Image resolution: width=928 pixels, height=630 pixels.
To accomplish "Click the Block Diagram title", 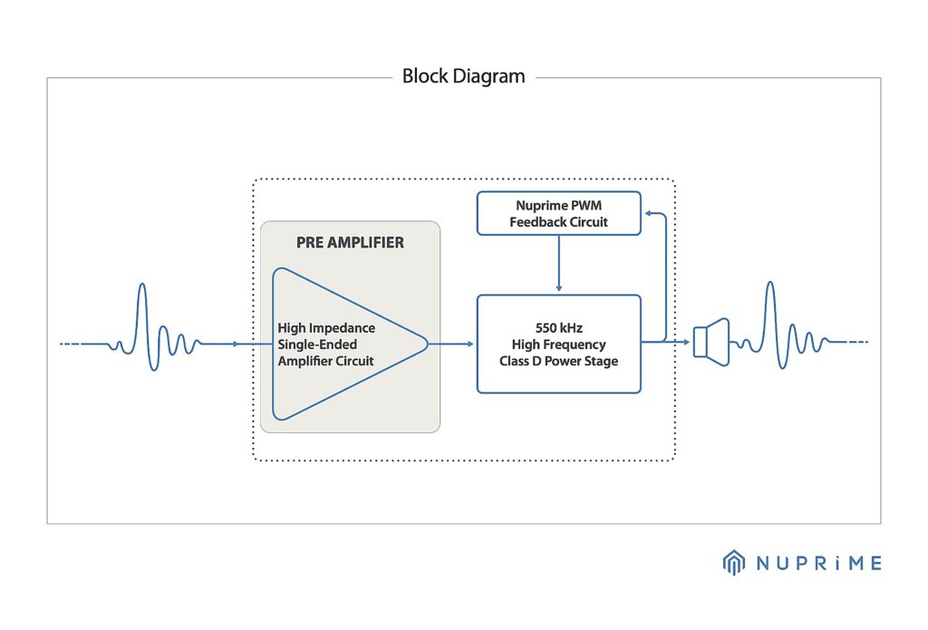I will [463, 76].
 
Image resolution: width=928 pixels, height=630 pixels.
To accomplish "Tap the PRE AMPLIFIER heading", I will [350, 243].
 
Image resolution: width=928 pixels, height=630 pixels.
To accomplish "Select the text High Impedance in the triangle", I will [326, 327].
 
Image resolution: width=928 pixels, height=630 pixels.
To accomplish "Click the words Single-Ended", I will [317, 344].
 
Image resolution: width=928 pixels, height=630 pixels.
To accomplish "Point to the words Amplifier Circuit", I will [325, 361].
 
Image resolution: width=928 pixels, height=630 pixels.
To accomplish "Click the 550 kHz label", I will [558, 327].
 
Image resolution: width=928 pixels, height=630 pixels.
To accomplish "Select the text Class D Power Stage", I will [558, 361].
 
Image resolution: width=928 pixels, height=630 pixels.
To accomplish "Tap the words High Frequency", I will [558, 344].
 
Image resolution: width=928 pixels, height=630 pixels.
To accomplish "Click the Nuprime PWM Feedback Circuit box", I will [558, 214].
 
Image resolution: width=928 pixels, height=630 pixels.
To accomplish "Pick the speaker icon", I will [711, 342].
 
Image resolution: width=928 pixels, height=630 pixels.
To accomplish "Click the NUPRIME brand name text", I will [818, 564].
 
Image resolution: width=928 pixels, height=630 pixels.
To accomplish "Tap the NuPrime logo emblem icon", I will [733, 563].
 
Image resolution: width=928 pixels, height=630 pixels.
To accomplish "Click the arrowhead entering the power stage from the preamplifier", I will [469, 344].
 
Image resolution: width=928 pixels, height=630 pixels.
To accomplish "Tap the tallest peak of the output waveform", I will [770, 286].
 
